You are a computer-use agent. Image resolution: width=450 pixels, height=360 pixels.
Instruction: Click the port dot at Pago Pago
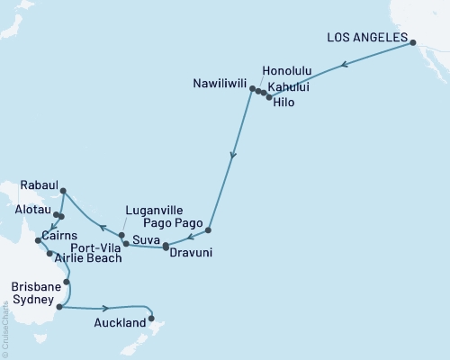pyautogui.click(x=208, y=229)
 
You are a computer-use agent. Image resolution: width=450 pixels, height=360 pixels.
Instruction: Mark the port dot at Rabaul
pyautogui.click(x=61, y=190)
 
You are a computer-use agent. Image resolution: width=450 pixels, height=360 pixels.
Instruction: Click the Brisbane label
pyautogui.click(x=35, y=285)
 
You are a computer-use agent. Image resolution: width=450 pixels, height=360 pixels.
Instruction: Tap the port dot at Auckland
pyautogui.click(x=151, y=318)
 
